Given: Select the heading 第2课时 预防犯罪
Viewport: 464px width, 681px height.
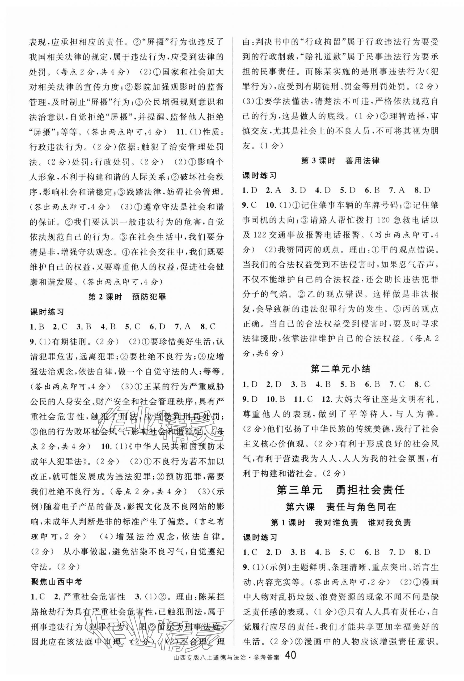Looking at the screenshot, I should (x=127, y=297).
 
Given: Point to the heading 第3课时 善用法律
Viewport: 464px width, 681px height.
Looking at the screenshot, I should (x=340, y=161).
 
